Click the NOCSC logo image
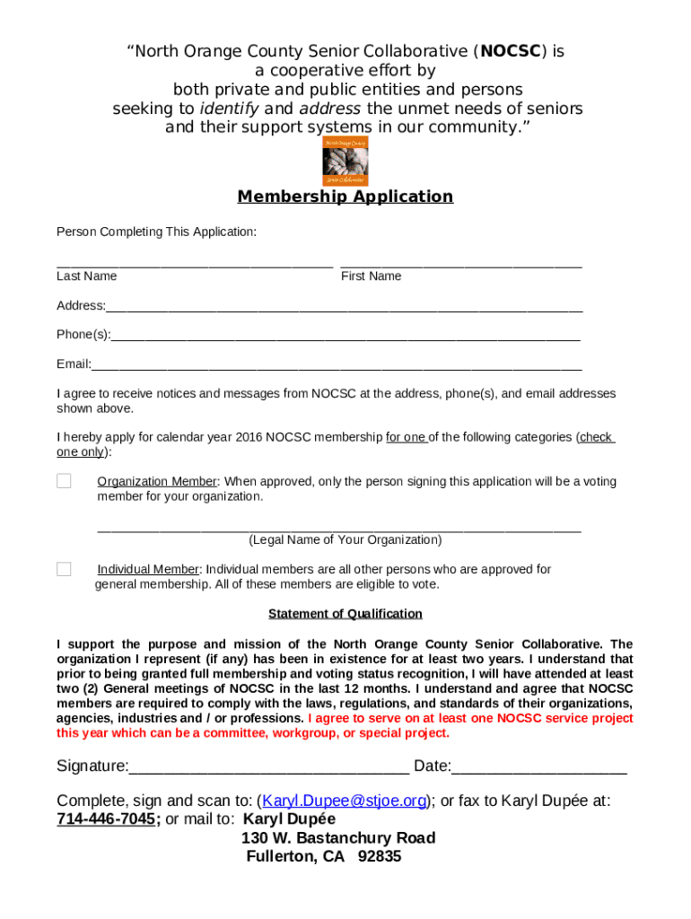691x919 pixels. click(345, 161)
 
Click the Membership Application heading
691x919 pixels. click(345, 197)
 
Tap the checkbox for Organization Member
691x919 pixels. click(64, 481)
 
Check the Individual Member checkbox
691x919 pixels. click(64, 569)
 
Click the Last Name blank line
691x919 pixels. click(195, 265)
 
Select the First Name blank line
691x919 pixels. click(461, 265)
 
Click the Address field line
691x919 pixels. click(344, 308)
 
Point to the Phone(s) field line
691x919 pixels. click(345, 337)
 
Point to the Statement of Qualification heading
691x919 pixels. click(345, 614)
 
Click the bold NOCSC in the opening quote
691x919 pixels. click(511, 51)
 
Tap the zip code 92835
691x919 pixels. click(380, 856)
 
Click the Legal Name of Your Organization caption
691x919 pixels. click(345, 540)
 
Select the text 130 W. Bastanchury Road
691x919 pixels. click(338, 837)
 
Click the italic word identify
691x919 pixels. click(229, 109)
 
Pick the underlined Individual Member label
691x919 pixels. click(148, 569)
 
